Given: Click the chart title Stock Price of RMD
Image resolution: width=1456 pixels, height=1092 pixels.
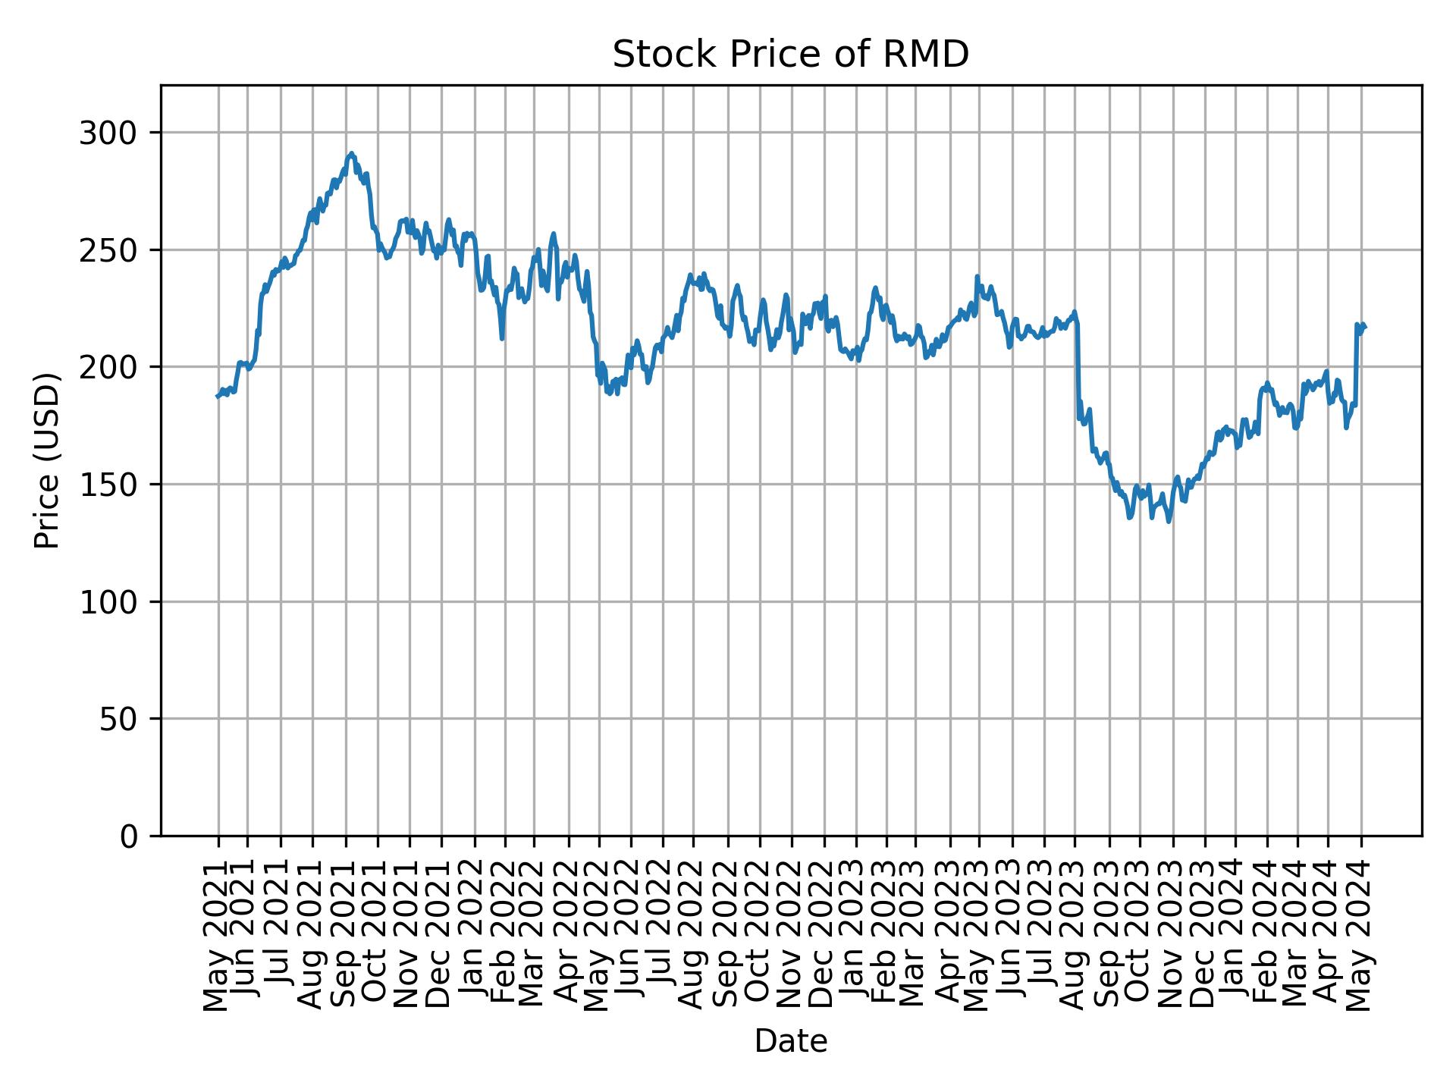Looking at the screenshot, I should coord(790,55).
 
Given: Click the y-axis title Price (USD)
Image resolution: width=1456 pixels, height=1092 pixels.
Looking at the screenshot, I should coord(47,460).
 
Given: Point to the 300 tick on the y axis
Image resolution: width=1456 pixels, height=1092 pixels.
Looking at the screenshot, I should coord(114,133).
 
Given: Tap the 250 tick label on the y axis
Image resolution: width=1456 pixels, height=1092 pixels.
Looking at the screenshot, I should coord(114,250).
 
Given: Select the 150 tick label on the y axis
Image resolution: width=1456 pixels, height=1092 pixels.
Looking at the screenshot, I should coord(114,485).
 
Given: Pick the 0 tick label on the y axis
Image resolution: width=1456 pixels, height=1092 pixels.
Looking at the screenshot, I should coord(129,836).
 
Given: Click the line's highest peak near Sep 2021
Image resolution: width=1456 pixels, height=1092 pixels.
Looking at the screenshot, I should coord(350,153).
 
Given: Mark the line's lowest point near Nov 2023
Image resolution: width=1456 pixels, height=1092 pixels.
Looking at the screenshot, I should coord(1169,521).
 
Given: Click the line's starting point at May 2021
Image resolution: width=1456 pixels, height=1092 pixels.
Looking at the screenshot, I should coord(217,397).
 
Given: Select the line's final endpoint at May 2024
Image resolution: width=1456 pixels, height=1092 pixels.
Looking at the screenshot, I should coord(1365,327).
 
